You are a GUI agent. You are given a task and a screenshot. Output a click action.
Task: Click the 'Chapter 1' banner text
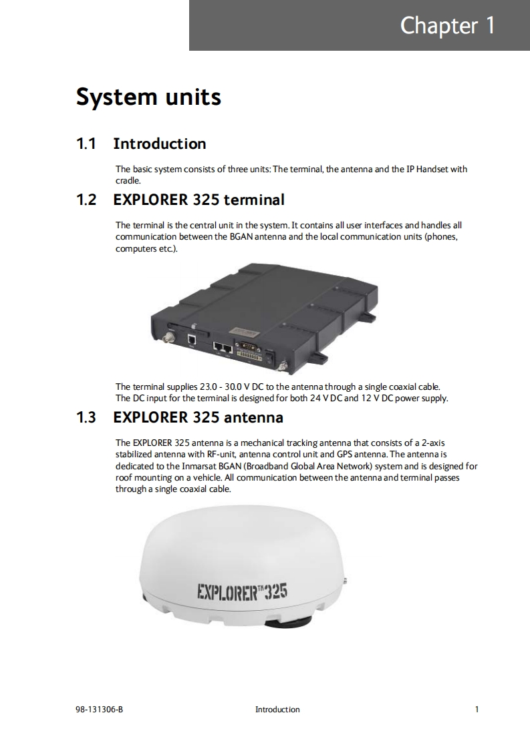447,25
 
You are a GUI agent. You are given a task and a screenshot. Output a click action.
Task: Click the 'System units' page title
148,97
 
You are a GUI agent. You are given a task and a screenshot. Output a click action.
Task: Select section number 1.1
86,144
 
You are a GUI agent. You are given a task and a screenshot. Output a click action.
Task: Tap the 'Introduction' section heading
160,144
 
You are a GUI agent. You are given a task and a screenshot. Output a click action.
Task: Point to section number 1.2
86,200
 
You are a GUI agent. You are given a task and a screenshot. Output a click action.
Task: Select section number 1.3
86,417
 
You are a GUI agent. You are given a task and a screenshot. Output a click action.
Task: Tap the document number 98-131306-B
99,710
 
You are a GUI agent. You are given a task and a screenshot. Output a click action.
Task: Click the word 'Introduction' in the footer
277,710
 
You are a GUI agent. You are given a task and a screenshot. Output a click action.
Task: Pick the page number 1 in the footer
477,710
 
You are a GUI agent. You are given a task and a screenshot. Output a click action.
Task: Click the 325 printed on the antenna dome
276,591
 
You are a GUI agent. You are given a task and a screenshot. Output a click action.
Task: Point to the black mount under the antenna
286,621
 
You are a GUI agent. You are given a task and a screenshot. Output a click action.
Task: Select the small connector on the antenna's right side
344,581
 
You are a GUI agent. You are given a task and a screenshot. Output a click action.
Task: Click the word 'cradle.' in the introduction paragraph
128,180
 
